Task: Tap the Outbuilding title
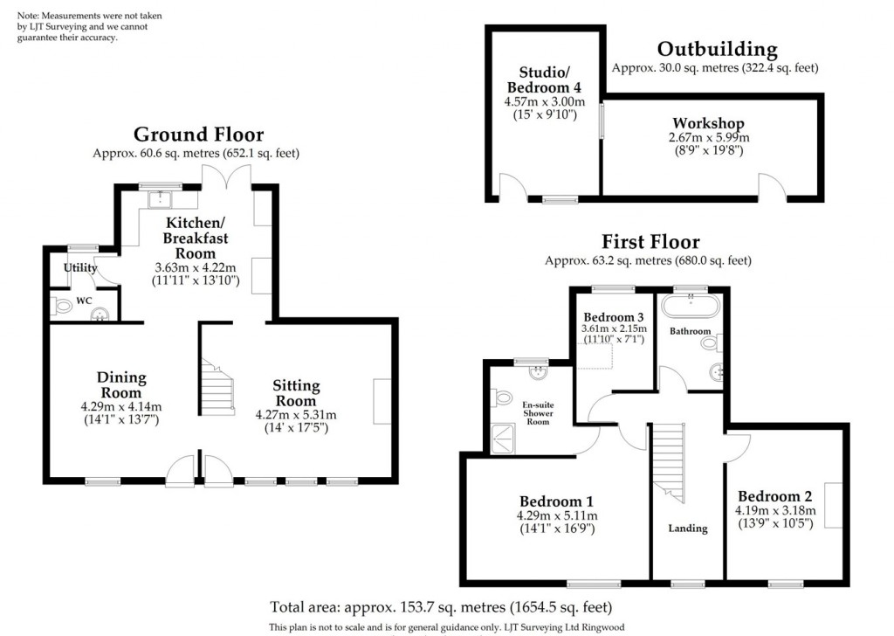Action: pyautogui.click(x=717, y=49)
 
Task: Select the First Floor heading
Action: pyautogui.click(x=650, y=241)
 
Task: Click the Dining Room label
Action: pyautogui.click(x=121, y=385)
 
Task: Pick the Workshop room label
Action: pyautogui.click(x=708, y=123)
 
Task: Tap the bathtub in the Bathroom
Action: pyautogui.click(x=690, y=307)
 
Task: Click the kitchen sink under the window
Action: pyautogui.click(x=161, y=200)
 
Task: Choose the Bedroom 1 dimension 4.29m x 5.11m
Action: pyautogui.click(x=557, y=515)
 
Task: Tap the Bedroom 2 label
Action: pyautogui.click(x=775, y=496)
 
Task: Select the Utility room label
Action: pyautogui.click(x=80, y=268)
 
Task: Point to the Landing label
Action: pyautogui.click(x=688, y=529)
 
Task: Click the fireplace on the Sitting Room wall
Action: pyautogui.click(x=382, y=402)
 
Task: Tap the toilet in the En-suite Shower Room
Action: pyautogui.click(x=501, y=397)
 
